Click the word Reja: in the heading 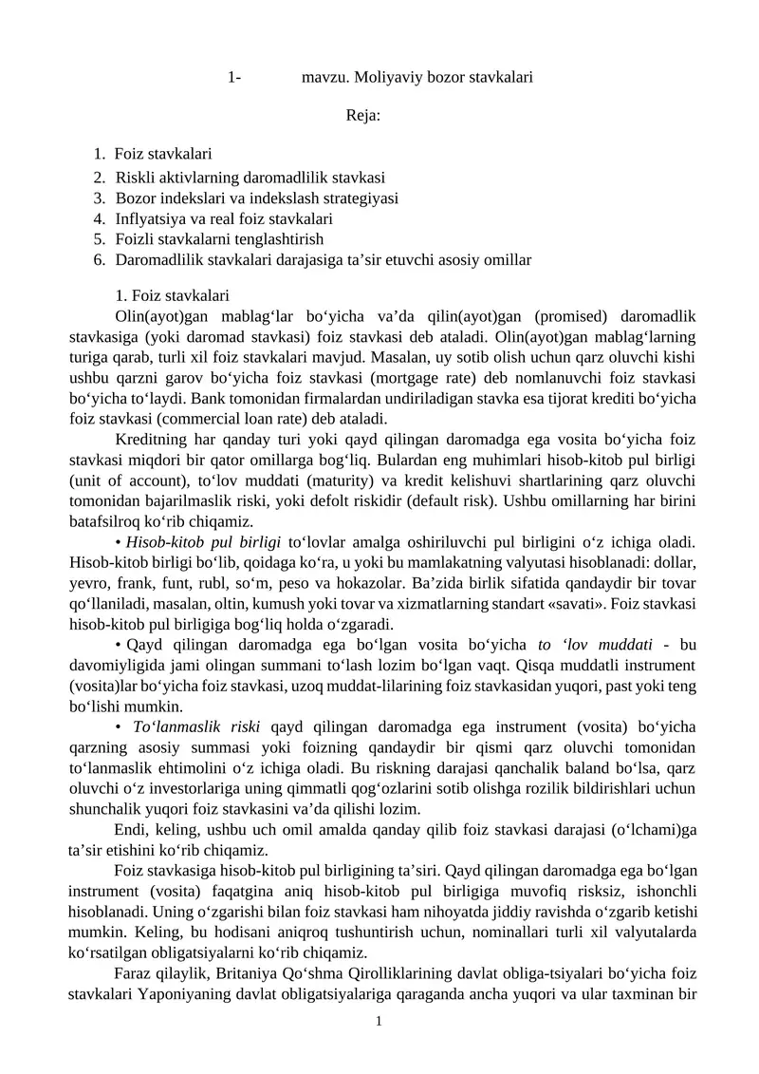(364, 116)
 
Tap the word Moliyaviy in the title (381, 76)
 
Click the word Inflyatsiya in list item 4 (148, 218)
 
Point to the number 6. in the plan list (100, 259)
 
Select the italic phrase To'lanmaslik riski (198, 727)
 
